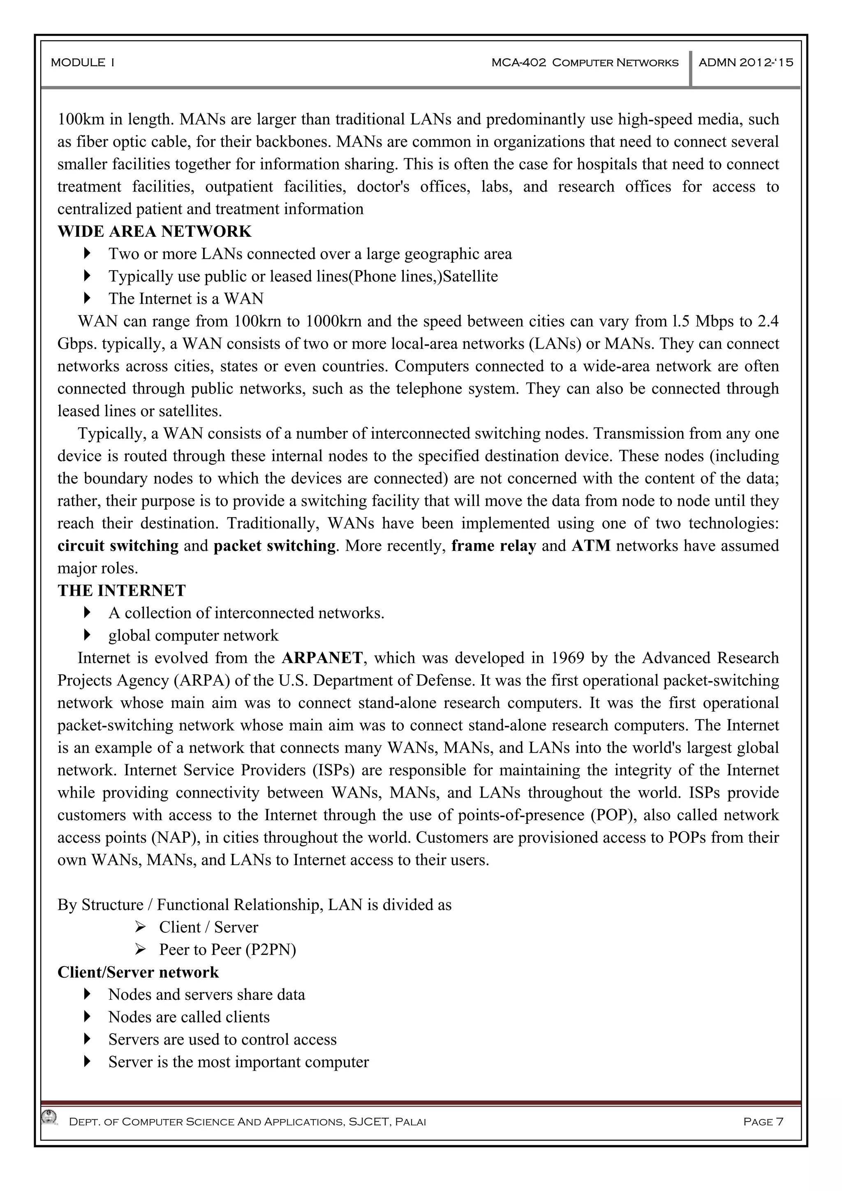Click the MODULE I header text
[x=83, y=63]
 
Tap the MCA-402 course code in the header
[x=518, y=63]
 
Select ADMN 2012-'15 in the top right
[x=745, y=63]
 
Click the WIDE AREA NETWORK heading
[x=154, y=231]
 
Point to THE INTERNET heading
[x=121, y=591]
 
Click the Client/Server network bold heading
[x=138, y=972]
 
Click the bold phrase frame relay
[x=493, y=546]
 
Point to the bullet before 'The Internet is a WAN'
[x=87, y=298]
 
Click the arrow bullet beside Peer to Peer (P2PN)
[x=140, y=949]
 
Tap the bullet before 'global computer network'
[x=87, y=635]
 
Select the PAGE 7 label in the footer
[x=763, y=1122]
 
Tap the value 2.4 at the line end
[x=768, y=321]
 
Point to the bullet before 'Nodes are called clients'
[x=87, y=1017]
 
